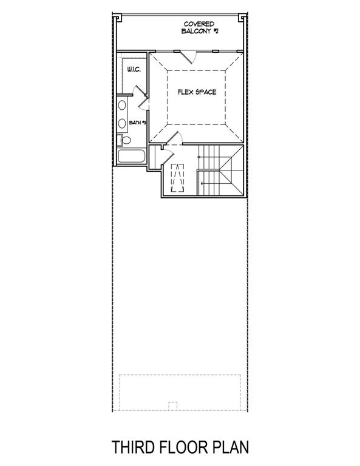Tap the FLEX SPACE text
coord(197,92)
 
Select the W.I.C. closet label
coord(134,70)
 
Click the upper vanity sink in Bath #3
coord(122,106)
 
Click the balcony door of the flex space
coord(190,56)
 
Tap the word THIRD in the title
coord(134,448)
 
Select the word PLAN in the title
coord(231,448)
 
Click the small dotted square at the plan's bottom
coord(172,406)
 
